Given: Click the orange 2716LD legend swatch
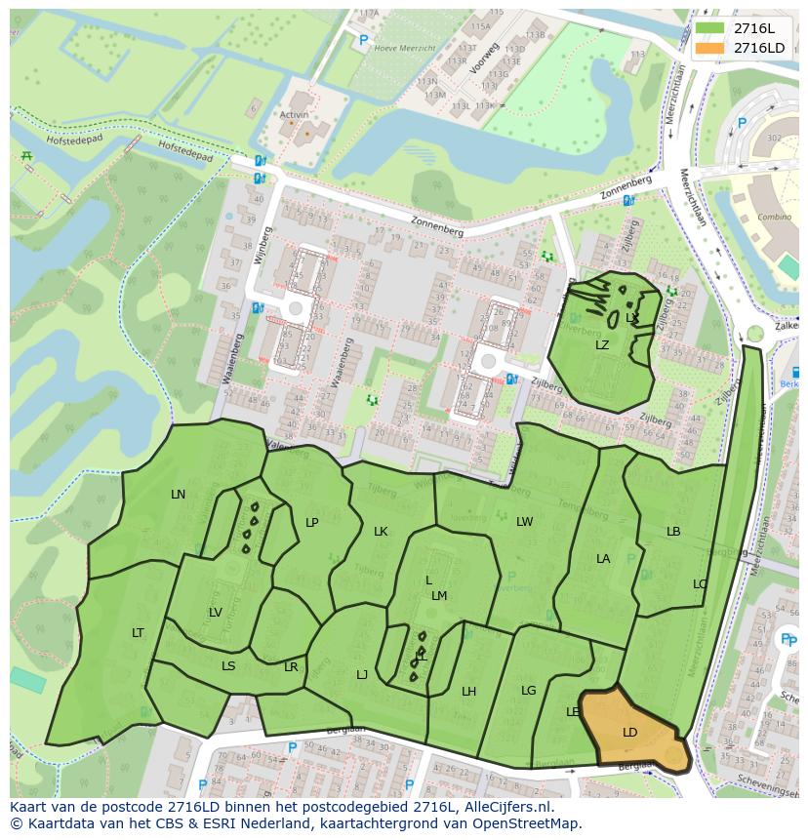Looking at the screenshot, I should click(710, 48).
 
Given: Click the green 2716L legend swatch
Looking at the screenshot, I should click(710, 28).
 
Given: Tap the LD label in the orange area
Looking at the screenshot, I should click(629, 732).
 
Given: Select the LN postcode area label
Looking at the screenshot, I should click(178, 495).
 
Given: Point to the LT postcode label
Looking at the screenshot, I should click(138, 633).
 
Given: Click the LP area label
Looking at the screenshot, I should click(312, 523).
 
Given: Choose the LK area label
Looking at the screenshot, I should click(381, 532).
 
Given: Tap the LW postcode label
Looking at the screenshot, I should click(525, 522).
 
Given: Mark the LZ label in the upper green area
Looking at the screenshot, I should click(602, 345).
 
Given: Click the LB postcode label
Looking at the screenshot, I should click(673, 532).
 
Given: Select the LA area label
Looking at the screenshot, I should click(603, 559).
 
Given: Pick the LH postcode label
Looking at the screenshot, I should click(469, 692).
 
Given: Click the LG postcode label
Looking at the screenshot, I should click(529, 691).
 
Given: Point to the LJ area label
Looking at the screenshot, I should click(362, 675).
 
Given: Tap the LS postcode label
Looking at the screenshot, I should click(228, 666).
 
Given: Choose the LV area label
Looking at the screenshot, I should click(216, 613).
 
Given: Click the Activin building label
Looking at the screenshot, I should click(294, 114).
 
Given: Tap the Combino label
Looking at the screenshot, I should click(775, 217).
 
